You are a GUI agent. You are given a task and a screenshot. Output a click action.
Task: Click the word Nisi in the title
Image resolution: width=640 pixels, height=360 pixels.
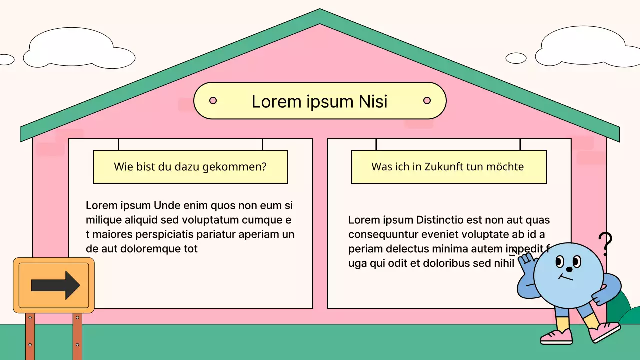coord(373,101)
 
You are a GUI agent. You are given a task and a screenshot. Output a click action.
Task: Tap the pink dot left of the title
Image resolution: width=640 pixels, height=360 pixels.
coord(213,101)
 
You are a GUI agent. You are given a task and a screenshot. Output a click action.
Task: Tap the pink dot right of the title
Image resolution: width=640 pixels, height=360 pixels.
coord(427,101)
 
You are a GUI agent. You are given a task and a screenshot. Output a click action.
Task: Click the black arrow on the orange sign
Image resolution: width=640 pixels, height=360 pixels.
coord(55,285)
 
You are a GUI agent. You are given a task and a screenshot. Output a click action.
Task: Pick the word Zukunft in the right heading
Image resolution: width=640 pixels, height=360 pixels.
coord(443,167)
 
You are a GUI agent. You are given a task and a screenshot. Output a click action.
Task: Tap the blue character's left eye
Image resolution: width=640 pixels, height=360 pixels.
coord(560,262)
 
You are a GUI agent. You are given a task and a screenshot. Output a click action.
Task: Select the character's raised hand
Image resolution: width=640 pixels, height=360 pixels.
coord(525,260)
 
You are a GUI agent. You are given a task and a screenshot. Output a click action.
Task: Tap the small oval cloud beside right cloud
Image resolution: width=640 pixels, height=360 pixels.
coord(516,58)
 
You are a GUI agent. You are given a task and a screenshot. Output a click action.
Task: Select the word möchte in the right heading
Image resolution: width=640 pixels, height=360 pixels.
coord(506,167)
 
